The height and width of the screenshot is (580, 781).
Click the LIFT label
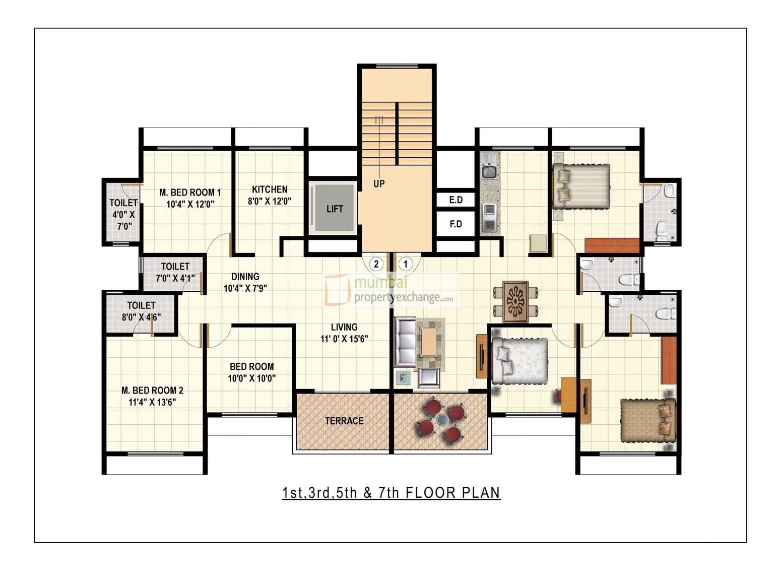(x=334, y=209)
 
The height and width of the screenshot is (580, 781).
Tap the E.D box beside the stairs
(x=455, y=200)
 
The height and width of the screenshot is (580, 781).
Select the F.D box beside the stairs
(x=455, y=224)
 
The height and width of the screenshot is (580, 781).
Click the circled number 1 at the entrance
(x=405, y=264)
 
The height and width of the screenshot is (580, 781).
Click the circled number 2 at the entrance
(x=376, y=264)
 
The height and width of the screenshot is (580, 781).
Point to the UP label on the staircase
(x=379, y=184)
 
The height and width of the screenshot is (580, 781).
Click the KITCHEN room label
(x=270, y=189)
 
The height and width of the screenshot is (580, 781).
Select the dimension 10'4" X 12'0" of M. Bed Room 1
(x=190, y=204)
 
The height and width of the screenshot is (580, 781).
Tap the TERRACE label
(x=344, y=421)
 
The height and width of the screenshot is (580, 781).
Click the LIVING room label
(x=344, y=327)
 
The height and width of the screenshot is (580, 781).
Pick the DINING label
(x=245, y=276)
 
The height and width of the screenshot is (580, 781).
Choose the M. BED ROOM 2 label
(x=152, y=390)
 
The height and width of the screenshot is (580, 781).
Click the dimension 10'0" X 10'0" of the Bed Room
(x=251, y=378)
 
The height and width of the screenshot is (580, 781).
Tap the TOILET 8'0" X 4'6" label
(x=141, y=311)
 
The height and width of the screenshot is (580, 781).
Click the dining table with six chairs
(x=515, y=301)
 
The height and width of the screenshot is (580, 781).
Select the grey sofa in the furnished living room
(x=405, y=343)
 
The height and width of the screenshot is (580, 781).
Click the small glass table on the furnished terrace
(x=443, y=420)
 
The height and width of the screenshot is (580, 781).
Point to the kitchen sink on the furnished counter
(x=488, y=172)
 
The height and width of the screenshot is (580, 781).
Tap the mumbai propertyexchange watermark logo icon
(x=337, y=290)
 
